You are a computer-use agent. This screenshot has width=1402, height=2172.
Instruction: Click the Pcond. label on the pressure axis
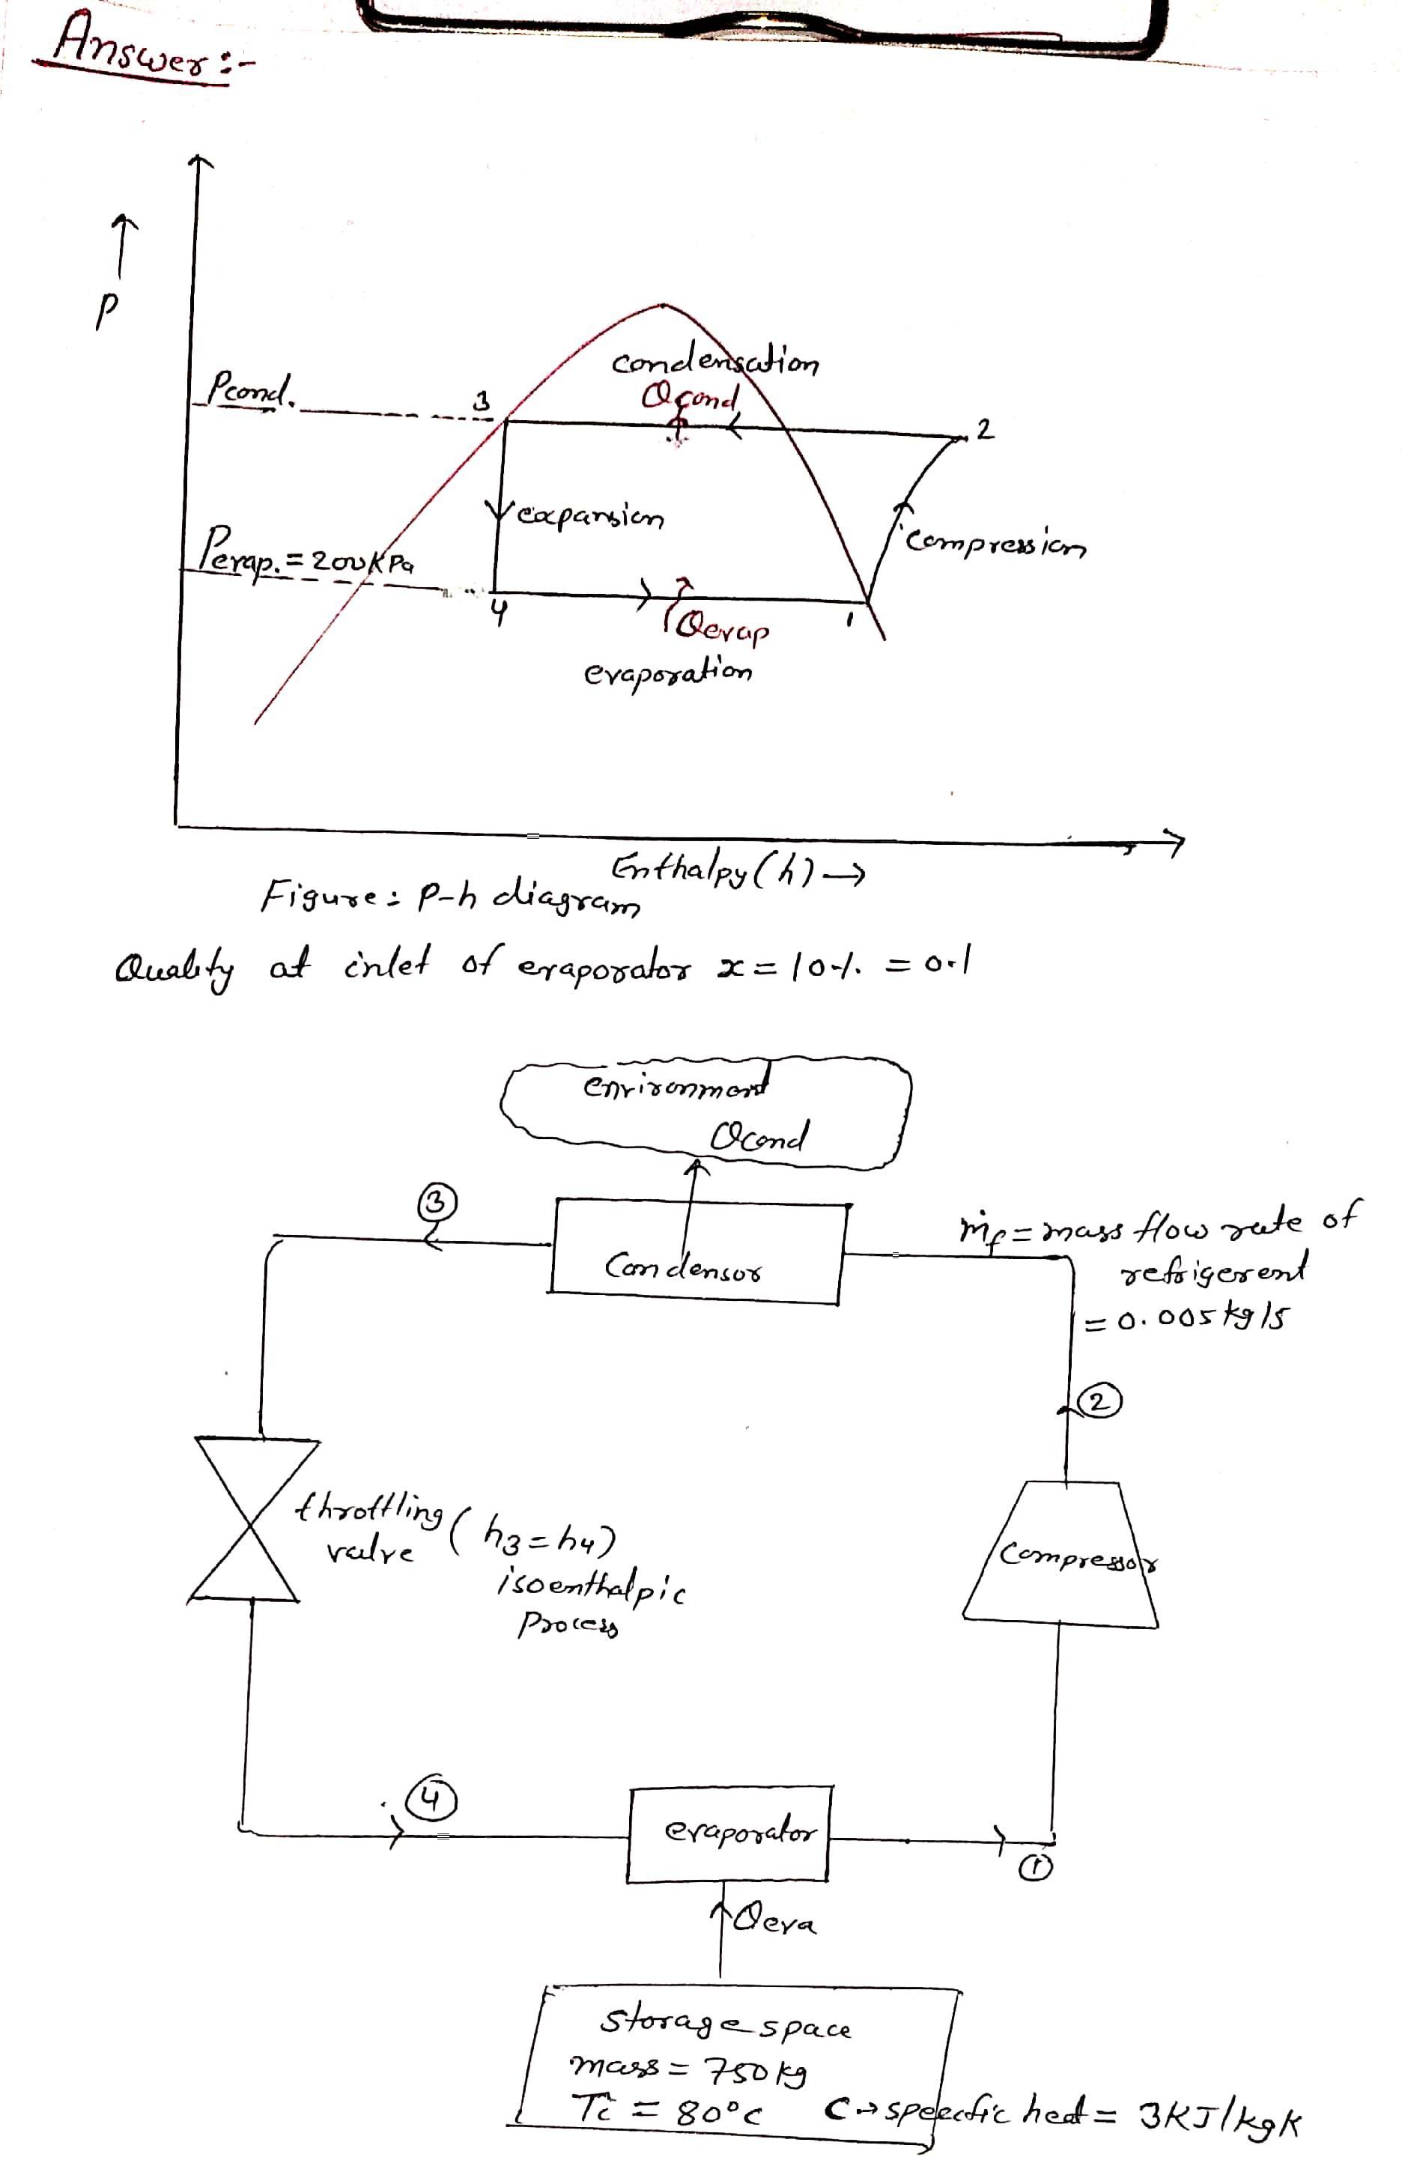250,392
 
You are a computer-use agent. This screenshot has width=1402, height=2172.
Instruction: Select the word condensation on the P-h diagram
714,363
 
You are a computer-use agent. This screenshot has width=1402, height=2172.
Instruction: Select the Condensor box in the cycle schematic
697,1252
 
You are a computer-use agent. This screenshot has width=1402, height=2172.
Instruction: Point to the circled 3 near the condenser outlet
436,1203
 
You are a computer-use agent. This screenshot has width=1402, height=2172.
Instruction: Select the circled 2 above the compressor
1099,1403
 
